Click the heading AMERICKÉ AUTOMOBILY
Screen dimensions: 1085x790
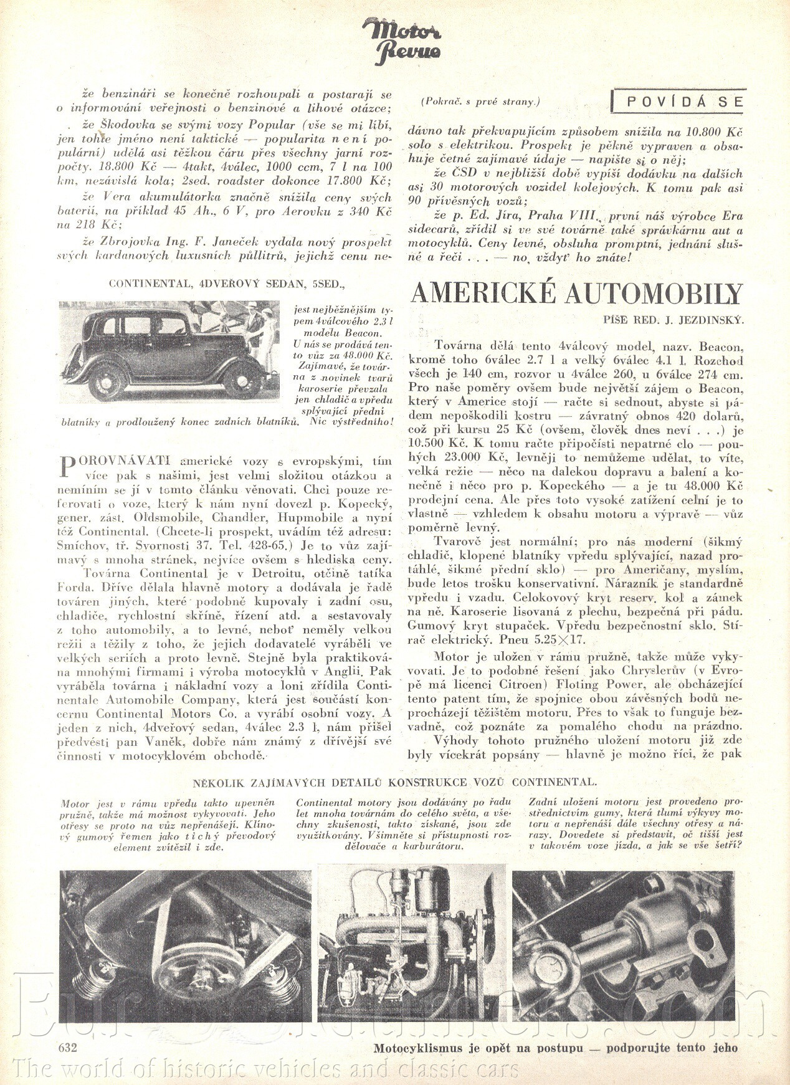point(576,293)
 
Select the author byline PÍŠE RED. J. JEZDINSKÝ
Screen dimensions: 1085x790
point(673,320)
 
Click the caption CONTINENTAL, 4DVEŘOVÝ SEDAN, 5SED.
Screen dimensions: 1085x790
point(227,284)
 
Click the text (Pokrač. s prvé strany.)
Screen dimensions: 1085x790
point(480,101)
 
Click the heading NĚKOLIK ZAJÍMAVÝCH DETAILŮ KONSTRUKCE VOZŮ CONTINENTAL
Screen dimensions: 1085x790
point(394,782)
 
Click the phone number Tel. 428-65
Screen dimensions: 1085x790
point(255,545)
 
